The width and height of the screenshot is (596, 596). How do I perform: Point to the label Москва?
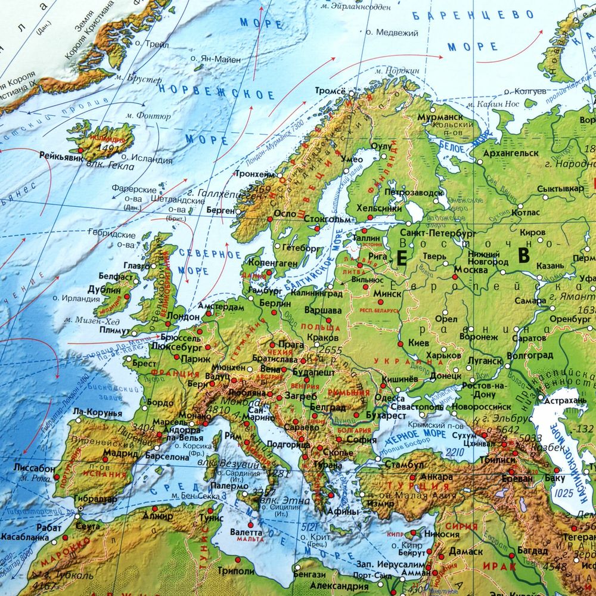click(471, 269)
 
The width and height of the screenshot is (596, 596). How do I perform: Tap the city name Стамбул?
click(404, 464)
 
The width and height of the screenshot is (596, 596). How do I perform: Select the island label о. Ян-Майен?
click(216, 59)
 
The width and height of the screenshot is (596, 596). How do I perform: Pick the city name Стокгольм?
click(327, 218)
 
